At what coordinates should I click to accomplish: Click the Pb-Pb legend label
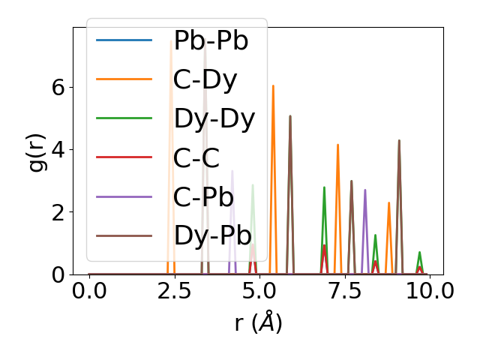pyautogui.click(x=211, y=40)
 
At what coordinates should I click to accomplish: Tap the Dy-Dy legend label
pyautogui.click(x=214, y=118)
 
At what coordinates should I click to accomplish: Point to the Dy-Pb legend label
pyautogui.click(x=213, y=235)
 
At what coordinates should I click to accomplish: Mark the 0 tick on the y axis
pyautogui.click(x=58, y=274)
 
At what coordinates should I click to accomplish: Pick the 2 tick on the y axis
pyautogui.click(x=58, y=212)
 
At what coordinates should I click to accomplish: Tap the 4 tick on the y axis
pyautogui.click(x=58, y=149)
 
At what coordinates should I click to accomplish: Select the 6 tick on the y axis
pyautogui.click(x=58, y=87)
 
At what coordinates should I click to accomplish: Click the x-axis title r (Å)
pyautogui.click(x=258, y=322)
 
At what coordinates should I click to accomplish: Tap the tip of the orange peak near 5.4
pyautogui.click(x=273, y=85)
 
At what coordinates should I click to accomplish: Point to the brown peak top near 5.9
pyautogui.click(x=290, y=116)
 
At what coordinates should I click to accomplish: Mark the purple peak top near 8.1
pyautogui.click(x=365, y=190)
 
